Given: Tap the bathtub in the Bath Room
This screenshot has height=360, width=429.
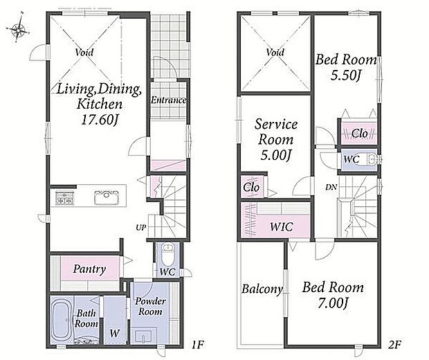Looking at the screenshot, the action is pyautogui.click(x=62, y=321).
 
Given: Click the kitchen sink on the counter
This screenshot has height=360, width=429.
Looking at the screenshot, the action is pyautogui.click(x=106, y=197).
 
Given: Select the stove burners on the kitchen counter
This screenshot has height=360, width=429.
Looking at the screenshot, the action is pyautogui.click(x=64, y=198).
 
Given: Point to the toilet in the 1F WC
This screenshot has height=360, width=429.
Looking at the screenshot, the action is pyautogui.click(x=167, y=253).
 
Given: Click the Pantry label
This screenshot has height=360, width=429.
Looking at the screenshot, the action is pyautogui.click(x=89, y=269).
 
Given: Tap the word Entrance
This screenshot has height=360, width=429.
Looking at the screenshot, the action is pyautogui.click(x=169, y=100).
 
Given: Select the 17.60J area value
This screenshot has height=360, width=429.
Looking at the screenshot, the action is pyautogui.click(x=100, y=120).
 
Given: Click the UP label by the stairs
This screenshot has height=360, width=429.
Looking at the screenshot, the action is pyautogui.click(x=141, y=227).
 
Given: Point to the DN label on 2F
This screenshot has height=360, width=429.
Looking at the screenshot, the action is pyautogui.click(x=331, y=187).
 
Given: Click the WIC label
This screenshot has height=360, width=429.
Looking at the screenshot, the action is pyautogui.click(x=282, y=226).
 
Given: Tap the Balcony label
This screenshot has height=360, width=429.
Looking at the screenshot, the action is pyautogui.click(x=262, y=289).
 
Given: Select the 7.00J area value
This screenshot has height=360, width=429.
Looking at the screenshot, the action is pyautogui.click(x=333, y=303).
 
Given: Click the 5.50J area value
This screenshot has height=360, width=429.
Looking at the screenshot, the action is pyautogui.click(x=345, y=75).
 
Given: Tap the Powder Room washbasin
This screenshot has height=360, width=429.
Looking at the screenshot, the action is pyautogui.click(x=143, y=336).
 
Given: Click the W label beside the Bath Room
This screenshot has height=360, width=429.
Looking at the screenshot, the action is pyautogui.click(x=115, y=333).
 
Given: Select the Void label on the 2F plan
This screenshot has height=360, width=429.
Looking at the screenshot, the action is pyautogui.click(x=275, y=52).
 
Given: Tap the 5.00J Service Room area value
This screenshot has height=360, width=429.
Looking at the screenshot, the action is pyautogui.click(x=275, y=155).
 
